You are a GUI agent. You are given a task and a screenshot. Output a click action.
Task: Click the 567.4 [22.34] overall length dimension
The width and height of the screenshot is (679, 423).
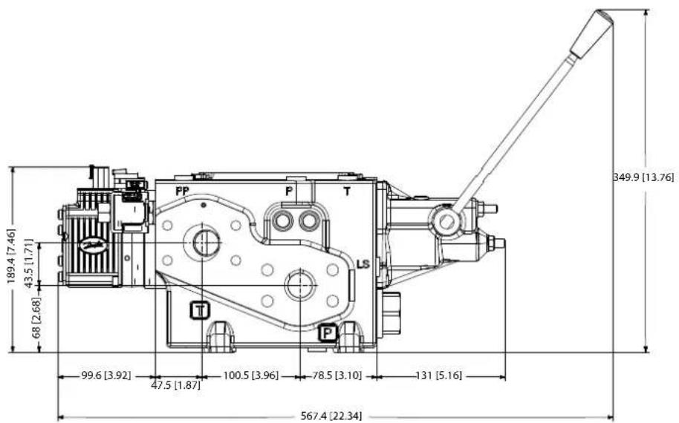[331, 416]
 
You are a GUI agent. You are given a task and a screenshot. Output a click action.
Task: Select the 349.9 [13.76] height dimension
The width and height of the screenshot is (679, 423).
[643, 177]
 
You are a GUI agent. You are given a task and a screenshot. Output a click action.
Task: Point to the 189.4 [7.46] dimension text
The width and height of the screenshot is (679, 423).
[12, 256]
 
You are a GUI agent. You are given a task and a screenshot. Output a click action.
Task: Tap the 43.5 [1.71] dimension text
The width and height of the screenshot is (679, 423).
[28, 263]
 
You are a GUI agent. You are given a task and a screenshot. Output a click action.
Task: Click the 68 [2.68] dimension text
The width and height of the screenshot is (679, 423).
[37, 318]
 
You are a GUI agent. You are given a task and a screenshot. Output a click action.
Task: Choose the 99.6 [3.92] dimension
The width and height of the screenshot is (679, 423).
[106, 376]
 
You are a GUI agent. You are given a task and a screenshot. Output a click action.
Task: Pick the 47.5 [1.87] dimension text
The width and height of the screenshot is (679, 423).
[176, 385]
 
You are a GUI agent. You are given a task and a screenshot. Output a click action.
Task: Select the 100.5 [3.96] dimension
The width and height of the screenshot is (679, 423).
[251, 376]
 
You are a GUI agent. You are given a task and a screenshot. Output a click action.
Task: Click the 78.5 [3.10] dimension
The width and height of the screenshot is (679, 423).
[337, 376]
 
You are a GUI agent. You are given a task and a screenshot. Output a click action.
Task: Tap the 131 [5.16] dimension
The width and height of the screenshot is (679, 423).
[438, 376]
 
